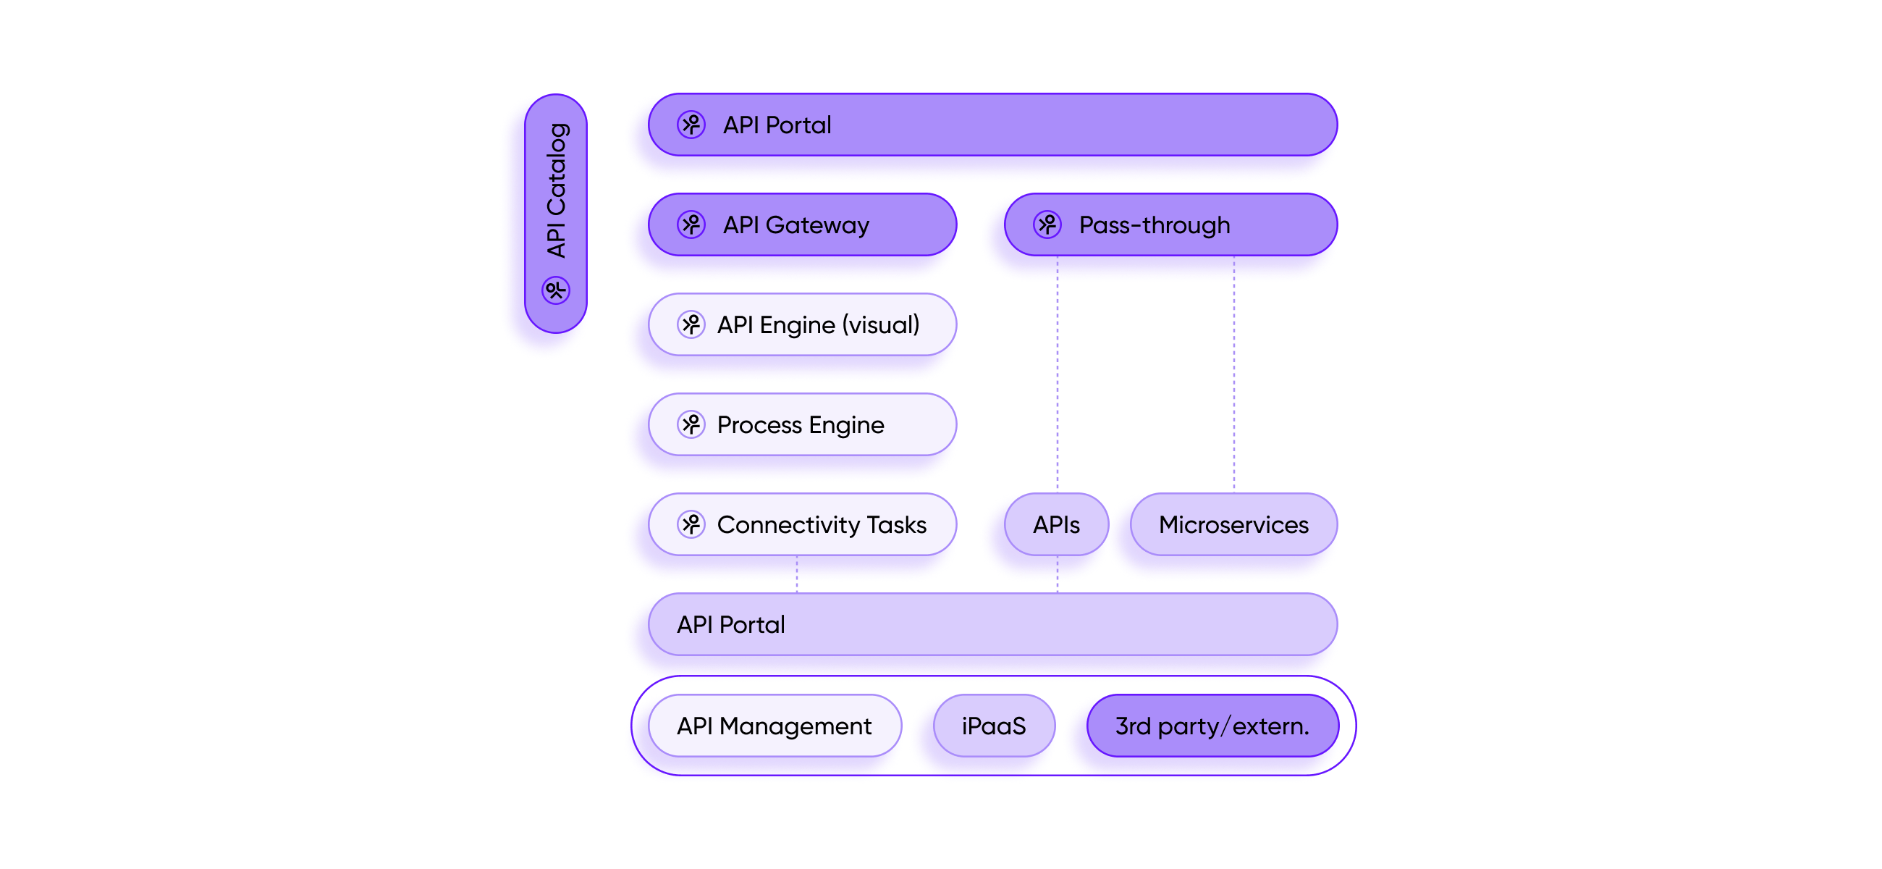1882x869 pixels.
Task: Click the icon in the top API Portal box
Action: point(691,125)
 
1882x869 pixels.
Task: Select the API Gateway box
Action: point(802,225)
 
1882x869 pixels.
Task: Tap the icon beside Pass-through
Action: point(1047,225)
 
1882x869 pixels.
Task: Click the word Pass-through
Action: point(1155,225)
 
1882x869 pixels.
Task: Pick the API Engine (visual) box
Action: point(802,324)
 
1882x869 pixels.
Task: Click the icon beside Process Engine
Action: point(691,424)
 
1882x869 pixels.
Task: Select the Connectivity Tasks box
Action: point(802,524)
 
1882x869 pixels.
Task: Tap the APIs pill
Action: point(1056,524)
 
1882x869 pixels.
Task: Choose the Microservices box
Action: point(1233,524)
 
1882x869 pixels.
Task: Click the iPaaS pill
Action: point(994,726)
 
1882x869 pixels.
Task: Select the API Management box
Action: point(775,726)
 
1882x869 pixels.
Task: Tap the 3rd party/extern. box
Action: point(1212,726)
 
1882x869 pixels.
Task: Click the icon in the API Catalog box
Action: point(556,290)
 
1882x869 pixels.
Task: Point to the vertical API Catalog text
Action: point(557,190)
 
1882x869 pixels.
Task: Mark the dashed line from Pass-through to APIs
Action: point(1057,387)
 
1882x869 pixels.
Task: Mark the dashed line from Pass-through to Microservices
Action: point(1234,387)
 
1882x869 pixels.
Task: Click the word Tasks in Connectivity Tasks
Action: point(896,525)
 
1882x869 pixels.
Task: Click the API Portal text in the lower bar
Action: point(730,625)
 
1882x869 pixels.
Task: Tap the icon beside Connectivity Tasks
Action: point(691,524)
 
